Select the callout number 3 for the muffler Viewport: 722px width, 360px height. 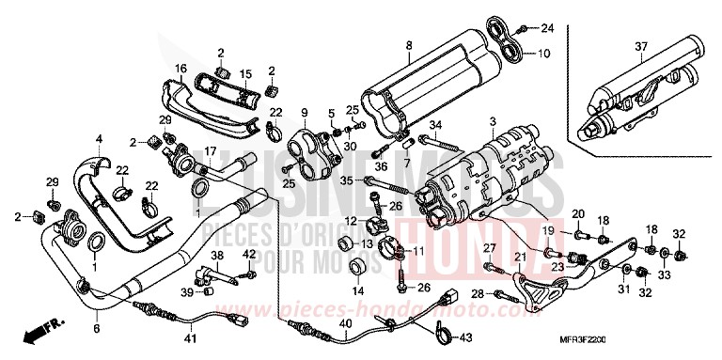[492, 122]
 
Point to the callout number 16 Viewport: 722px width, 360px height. [180, 69]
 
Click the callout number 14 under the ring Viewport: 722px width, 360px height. [356, 291]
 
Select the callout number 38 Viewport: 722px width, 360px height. [215, 256]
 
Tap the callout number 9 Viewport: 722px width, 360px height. [305, 114]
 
